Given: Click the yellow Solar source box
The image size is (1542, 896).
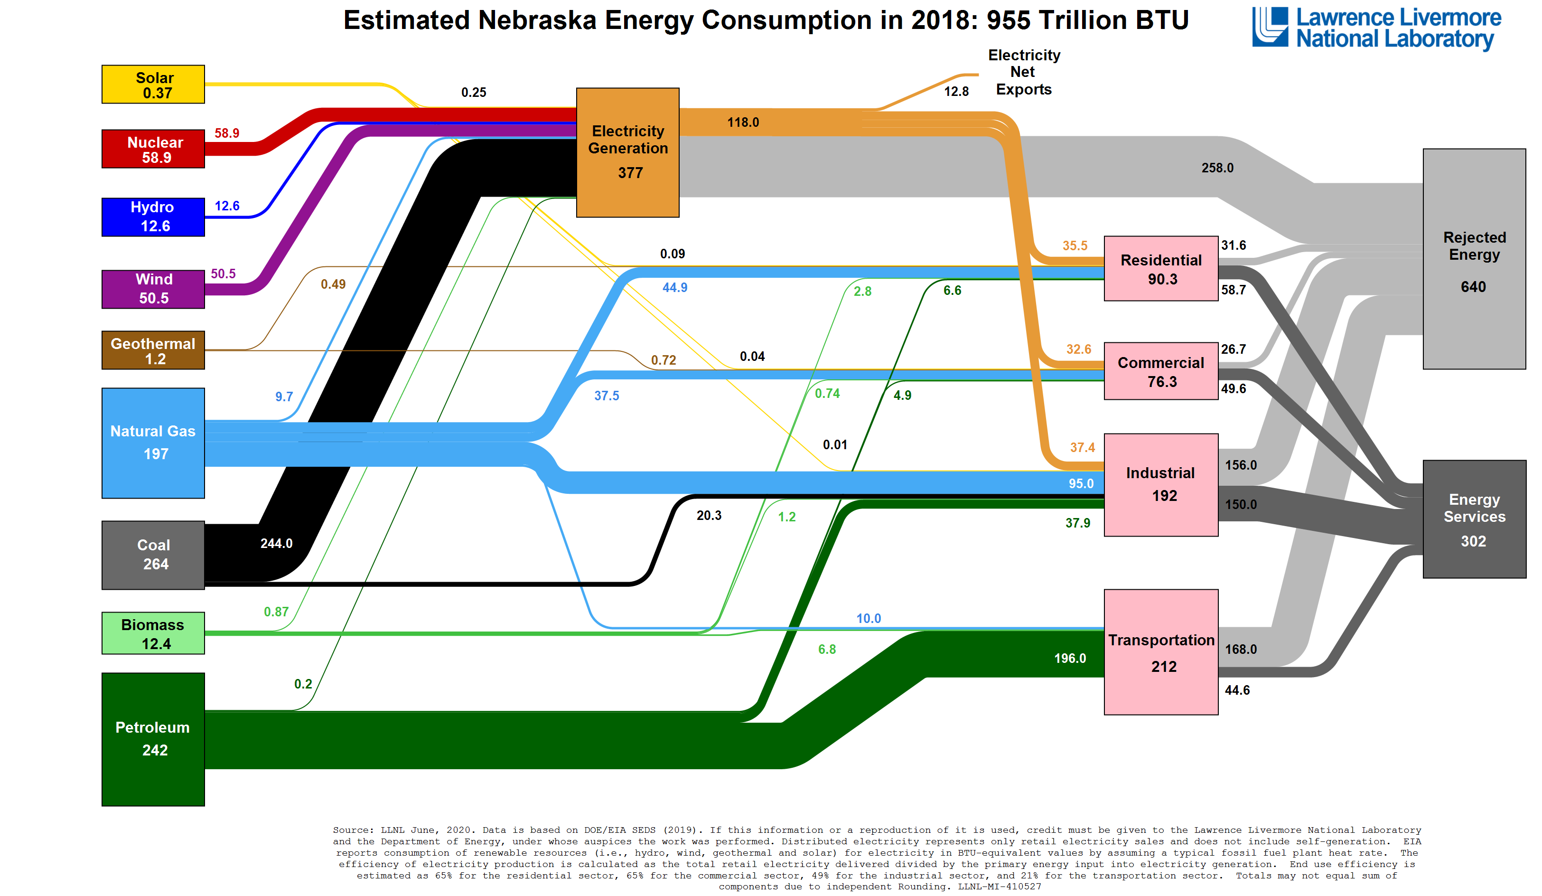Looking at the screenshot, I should pos(153,85).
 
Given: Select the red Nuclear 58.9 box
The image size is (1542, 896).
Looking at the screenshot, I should pos(153,149).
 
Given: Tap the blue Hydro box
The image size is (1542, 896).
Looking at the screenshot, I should pos(153,217).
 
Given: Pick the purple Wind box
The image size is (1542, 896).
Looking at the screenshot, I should pos(153,289).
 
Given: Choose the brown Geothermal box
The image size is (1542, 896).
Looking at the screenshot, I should pos(153,350).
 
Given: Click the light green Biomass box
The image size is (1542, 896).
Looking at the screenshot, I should pos(153,633).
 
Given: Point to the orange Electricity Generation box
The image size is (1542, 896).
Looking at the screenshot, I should pos(628,152).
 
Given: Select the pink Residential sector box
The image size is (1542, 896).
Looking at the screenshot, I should pos(1161,269).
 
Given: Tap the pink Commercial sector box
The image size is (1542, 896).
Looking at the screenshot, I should pos(1161,371).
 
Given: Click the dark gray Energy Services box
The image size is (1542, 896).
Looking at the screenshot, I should pos(1474,519).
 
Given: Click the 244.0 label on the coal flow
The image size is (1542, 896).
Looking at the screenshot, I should pos(277,544).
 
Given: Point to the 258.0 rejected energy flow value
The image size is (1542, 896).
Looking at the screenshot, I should pos(1217,168).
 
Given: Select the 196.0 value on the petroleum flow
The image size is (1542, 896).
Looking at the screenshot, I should pos(1070,659).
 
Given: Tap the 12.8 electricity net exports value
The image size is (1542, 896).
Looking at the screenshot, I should pos(956,92).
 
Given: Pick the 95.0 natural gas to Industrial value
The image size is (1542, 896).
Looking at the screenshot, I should pos(1081,483).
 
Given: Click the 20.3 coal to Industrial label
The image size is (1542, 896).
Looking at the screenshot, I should pos(709,515).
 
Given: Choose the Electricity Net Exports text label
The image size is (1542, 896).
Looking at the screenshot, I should pos(1024,72).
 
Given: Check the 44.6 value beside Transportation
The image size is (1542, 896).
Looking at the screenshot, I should pos(1237,690).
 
